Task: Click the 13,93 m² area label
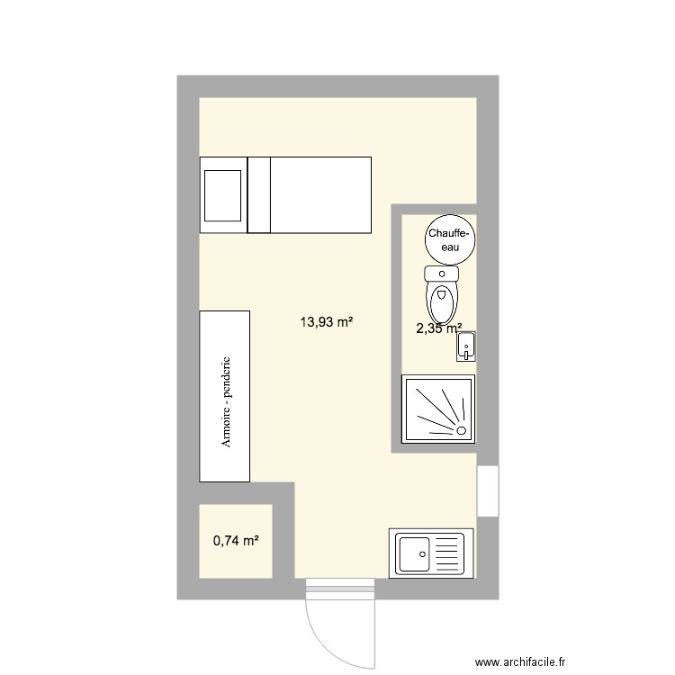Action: pyautogui.click(x=326, y=319)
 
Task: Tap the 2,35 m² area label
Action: pyautogui.click(x=438, y=328)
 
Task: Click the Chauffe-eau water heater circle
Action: pyautogui.click(x=447, y=239)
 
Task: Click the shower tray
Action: pyautogui.click(x=438, y=409)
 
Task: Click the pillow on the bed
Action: pyautogui.click(x=222, y=193)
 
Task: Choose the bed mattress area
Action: pyautogui.click(x=320, y=193)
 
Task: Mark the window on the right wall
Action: pyautogui.click(x=487, y=491)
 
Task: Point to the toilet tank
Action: pyautogui.click(x=441, y=273)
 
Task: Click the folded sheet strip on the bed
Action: pyautogui.click(x=259, y=193)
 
